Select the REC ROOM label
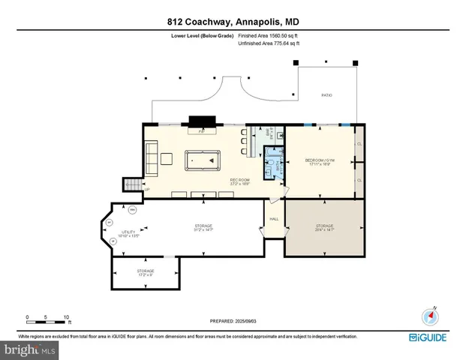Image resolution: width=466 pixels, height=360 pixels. click(239, 182)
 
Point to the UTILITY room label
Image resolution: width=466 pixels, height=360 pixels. click(130, 234)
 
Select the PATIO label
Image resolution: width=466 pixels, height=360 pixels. click(326, 95)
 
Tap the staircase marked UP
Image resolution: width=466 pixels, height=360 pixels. click(133, 184)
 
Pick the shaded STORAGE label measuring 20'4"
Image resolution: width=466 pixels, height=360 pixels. click(324, 226)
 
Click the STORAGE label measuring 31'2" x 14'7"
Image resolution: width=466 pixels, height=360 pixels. click(203, 227)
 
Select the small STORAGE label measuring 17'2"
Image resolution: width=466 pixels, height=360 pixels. click(145, 271)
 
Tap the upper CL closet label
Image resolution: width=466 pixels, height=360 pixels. click(359, 144)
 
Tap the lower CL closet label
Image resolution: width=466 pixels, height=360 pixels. click(359, 181)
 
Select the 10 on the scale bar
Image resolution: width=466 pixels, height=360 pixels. click(66, 316)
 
